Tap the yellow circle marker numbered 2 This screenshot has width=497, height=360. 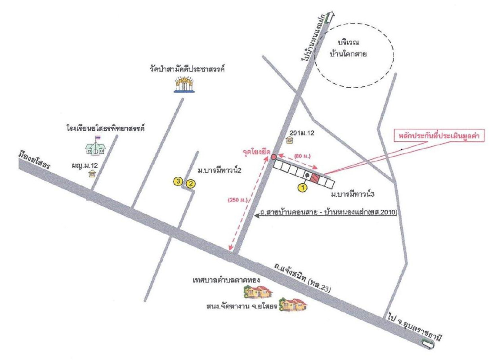point(191,183)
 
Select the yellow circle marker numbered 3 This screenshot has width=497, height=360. point(179,181)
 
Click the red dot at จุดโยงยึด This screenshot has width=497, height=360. point(273,157)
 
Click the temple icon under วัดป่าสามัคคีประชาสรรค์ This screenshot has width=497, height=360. point(185,84)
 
